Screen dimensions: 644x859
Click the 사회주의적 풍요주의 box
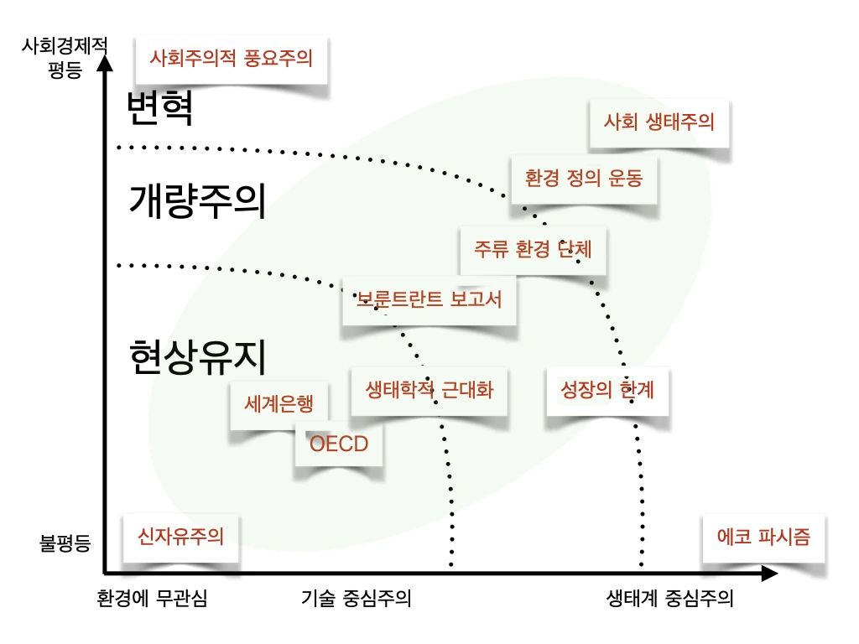(x=231, y=59)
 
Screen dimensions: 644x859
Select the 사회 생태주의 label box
(x=659, y=122)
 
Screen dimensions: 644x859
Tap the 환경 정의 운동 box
(x=584, y=178)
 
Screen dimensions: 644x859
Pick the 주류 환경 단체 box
(x=533, y=249)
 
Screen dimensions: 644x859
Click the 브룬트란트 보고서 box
(x=429, y=299)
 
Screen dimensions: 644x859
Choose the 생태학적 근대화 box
(x=429, y=390)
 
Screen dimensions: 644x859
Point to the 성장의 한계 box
(x=607, y=390)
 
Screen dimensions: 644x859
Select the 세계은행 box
(x=279, y=404)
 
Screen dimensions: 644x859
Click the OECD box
(x=339, y=444)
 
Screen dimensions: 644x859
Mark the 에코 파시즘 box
(x=763, y=537)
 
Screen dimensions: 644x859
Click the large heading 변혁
(x=160, y=108)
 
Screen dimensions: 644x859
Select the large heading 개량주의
(x=197, y=200)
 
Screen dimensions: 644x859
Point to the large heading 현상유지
(x=198, y=356)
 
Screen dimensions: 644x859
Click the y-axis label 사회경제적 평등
(x=65, y=57)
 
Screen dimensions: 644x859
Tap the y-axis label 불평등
(x=65, y=543)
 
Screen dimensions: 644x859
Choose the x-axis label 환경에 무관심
(x=151, y=599)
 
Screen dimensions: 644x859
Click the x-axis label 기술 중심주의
(x=357, y=599)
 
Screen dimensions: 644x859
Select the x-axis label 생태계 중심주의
(x=669, y=599)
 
